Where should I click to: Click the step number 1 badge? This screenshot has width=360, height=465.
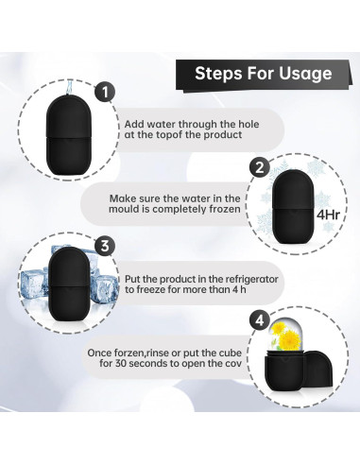point(105,92)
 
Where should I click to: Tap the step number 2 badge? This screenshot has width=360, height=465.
point(260,167)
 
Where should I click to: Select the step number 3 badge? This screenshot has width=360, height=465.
point(105,246)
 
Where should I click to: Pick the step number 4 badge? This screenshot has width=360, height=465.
point(260,321)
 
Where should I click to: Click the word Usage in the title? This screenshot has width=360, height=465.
point(305,74)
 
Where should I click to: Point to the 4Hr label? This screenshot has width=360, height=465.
point(328,215)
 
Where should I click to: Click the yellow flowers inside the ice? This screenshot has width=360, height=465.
point(285,336)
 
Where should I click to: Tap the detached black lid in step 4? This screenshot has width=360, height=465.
point(317,368)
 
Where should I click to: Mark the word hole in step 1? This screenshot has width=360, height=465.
point(249,124)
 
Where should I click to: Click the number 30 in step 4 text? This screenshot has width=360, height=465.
point(121,364)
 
